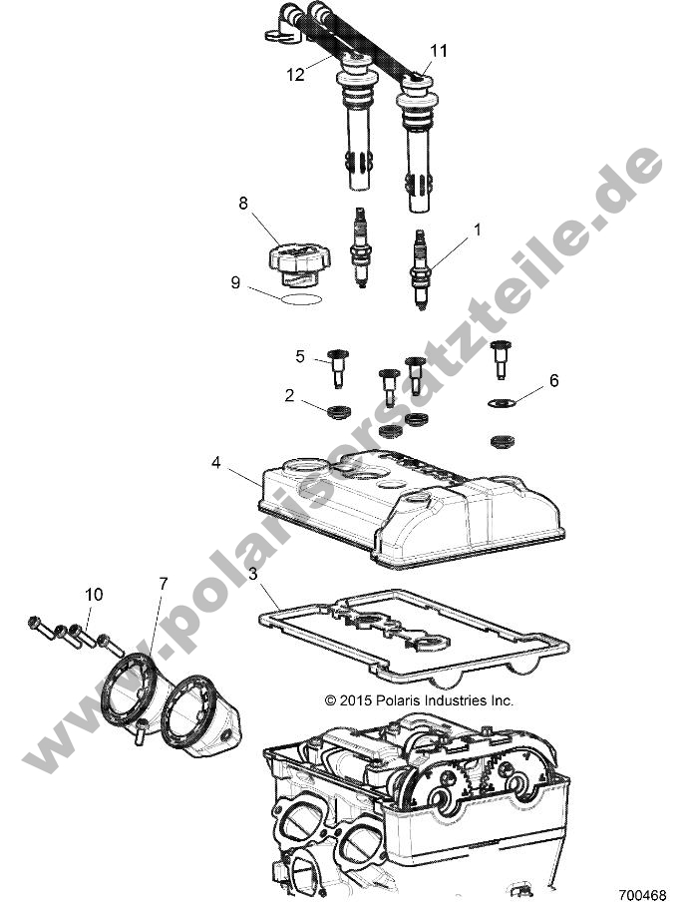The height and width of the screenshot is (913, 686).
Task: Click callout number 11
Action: [439, 50]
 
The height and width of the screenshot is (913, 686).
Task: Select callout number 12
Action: [295, 74]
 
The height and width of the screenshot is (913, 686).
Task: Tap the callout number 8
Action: [242, 204]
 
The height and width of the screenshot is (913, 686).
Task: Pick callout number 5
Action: [299, 356]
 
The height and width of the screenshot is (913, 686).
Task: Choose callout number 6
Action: [554, 381]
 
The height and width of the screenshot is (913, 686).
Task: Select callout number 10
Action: [93, 595]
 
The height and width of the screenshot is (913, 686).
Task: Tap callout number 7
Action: [162, 581]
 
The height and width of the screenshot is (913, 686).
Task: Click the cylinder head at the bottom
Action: [419, 808]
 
